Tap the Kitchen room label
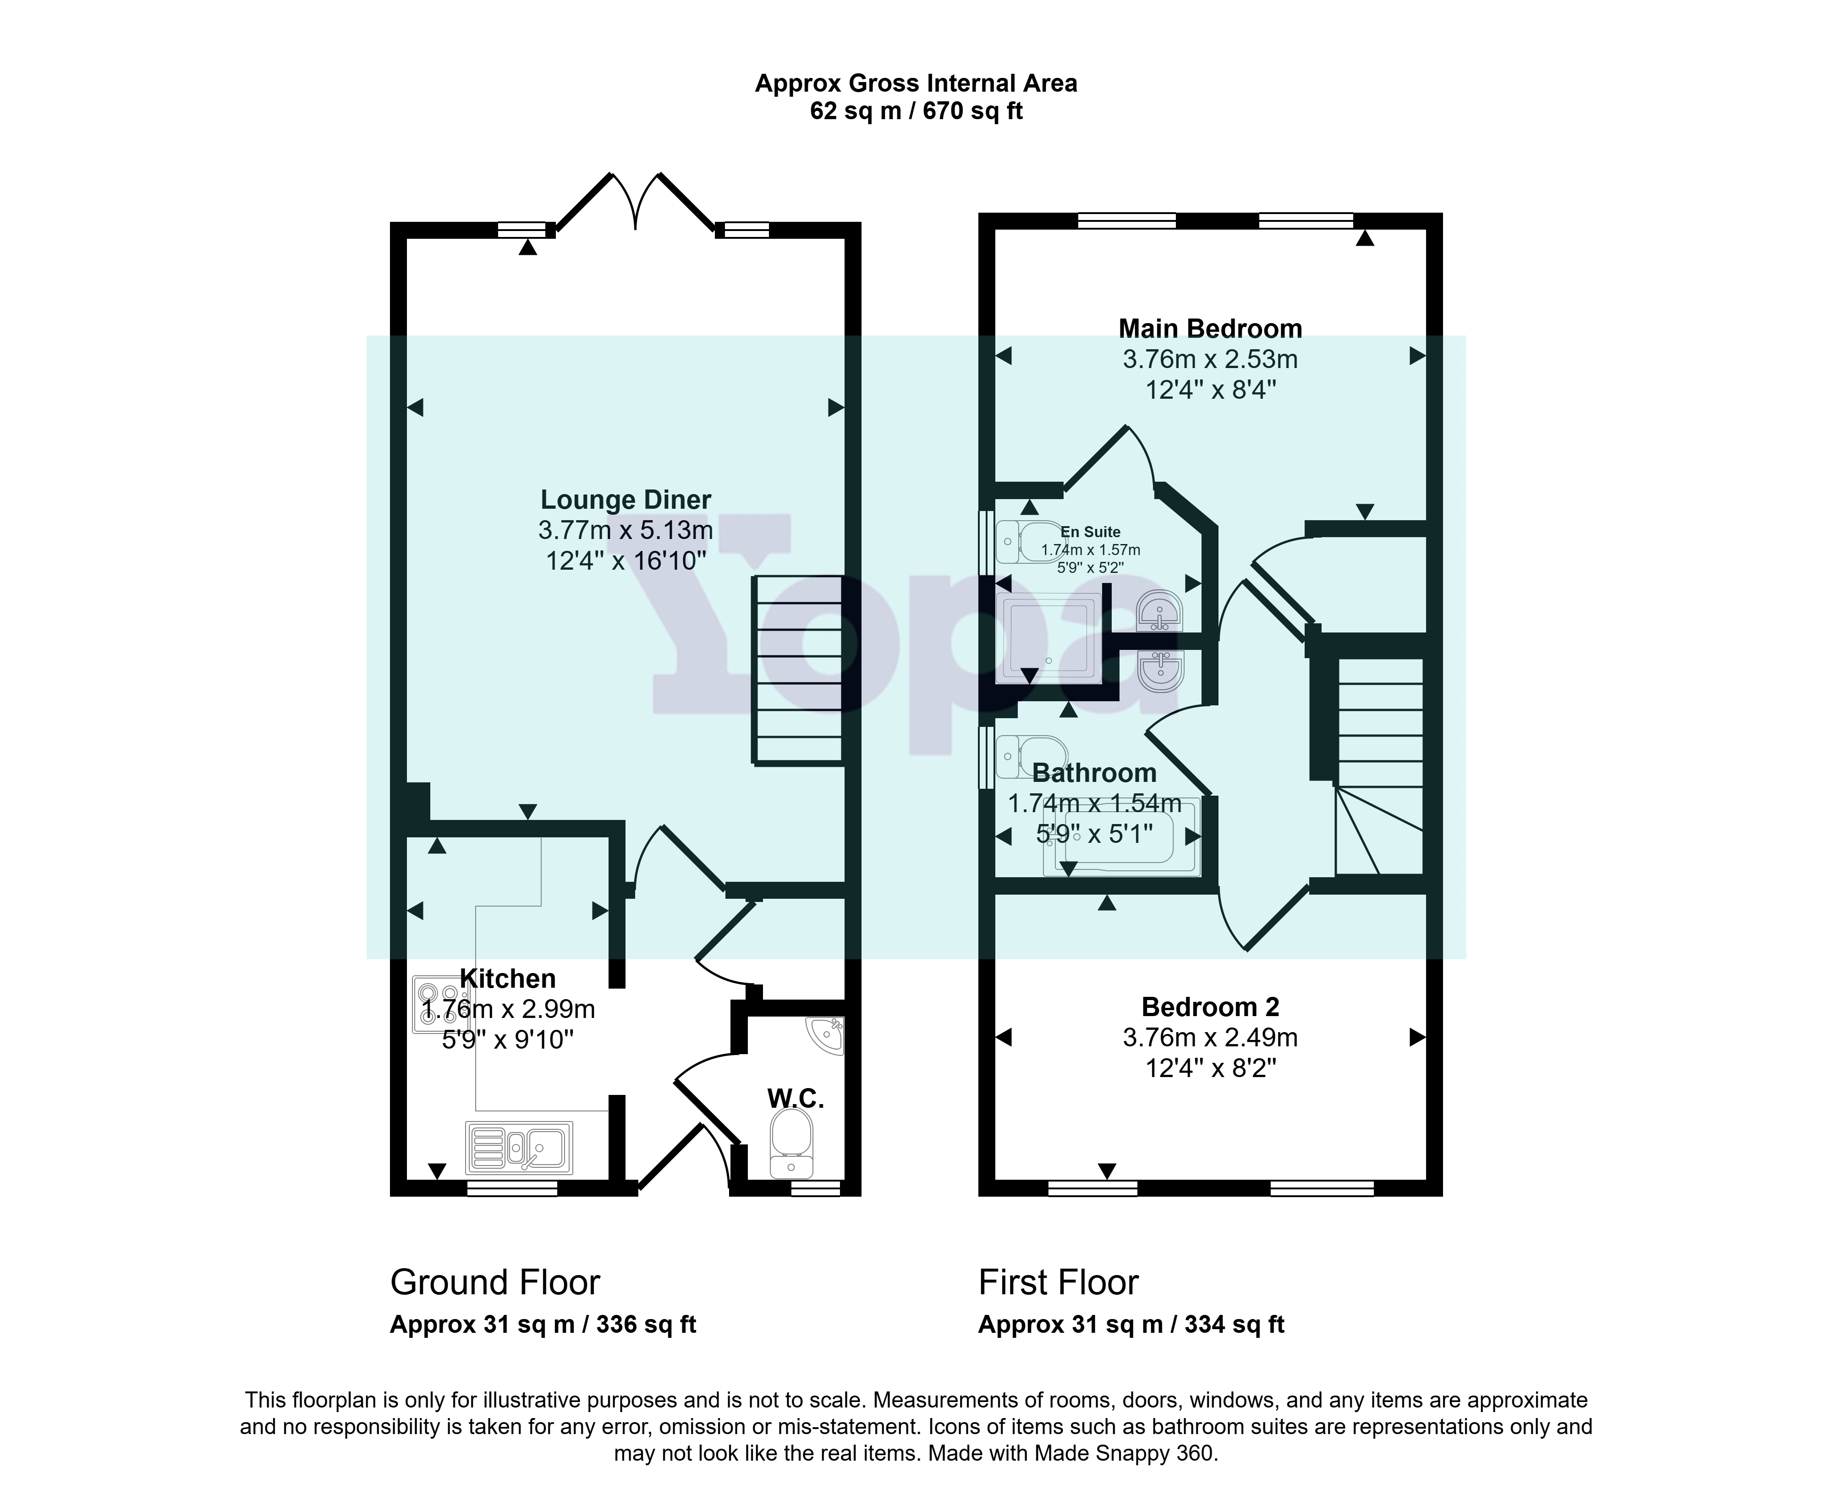tap(508, 979)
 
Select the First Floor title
tap(1058, 1282)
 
